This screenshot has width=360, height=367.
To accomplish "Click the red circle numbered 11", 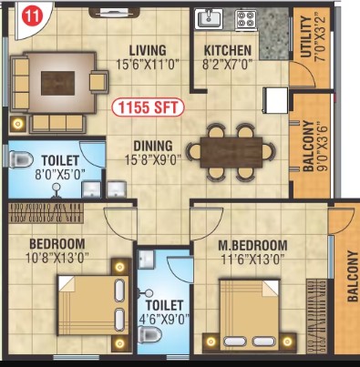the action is (33, 16).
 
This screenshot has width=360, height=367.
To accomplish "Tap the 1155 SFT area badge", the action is (148, 107).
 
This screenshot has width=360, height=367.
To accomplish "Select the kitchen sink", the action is (209, 19).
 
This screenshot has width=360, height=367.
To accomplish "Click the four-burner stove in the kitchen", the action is (246, 20).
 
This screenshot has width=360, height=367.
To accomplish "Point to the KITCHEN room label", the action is (228, 50).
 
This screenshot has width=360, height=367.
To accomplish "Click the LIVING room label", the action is (148, 50).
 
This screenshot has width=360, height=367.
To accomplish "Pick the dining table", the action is (231, 152).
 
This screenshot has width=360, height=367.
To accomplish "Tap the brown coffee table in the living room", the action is (57, 83).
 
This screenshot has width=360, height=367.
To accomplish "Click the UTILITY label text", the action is (306, 37).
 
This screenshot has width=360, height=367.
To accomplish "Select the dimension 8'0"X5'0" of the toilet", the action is (60, 175).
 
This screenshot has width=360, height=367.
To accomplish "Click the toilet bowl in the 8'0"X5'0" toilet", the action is (21, 159).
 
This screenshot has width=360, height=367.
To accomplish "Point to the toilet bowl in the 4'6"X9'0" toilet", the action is (149, 335).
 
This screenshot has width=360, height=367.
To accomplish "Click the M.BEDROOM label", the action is (252, 245).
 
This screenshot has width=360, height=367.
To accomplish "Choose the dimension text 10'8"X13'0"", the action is (57, 259).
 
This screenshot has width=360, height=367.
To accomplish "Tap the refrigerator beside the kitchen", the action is (275, 100).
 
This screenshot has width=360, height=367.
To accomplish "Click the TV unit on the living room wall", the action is (115, 13).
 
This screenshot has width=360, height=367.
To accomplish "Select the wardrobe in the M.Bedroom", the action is (316, 316).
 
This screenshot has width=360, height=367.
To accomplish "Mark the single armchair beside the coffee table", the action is (98, 81).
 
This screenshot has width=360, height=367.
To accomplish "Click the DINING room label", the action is (153, 146).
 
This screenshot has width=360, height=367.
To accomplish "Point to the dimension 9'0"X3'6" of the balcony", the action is (322, 148).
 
